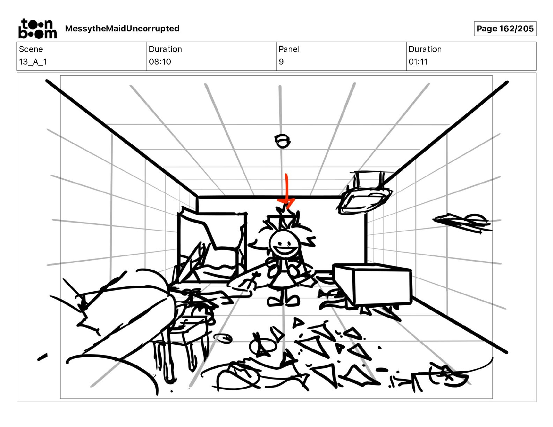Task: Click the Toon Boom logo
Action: [37, 29]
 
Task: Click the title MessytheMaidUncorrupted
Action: [122, 29]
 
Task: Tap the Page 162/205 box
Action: [505, 29]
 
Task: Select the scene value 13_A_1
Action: [33, 62]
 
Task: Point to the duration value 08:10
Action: [160, 62]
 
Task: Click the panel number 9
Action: [281, 62]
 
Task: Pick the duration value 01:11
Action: [418, 62]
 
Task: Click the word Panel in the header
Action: [289, 49]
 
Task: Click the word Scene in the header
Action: [31, 49]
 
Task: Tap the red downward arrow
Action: [287, 190]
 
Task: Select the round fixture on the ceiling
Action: [282, 141]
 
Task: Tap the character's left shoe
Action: [274, 301]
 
